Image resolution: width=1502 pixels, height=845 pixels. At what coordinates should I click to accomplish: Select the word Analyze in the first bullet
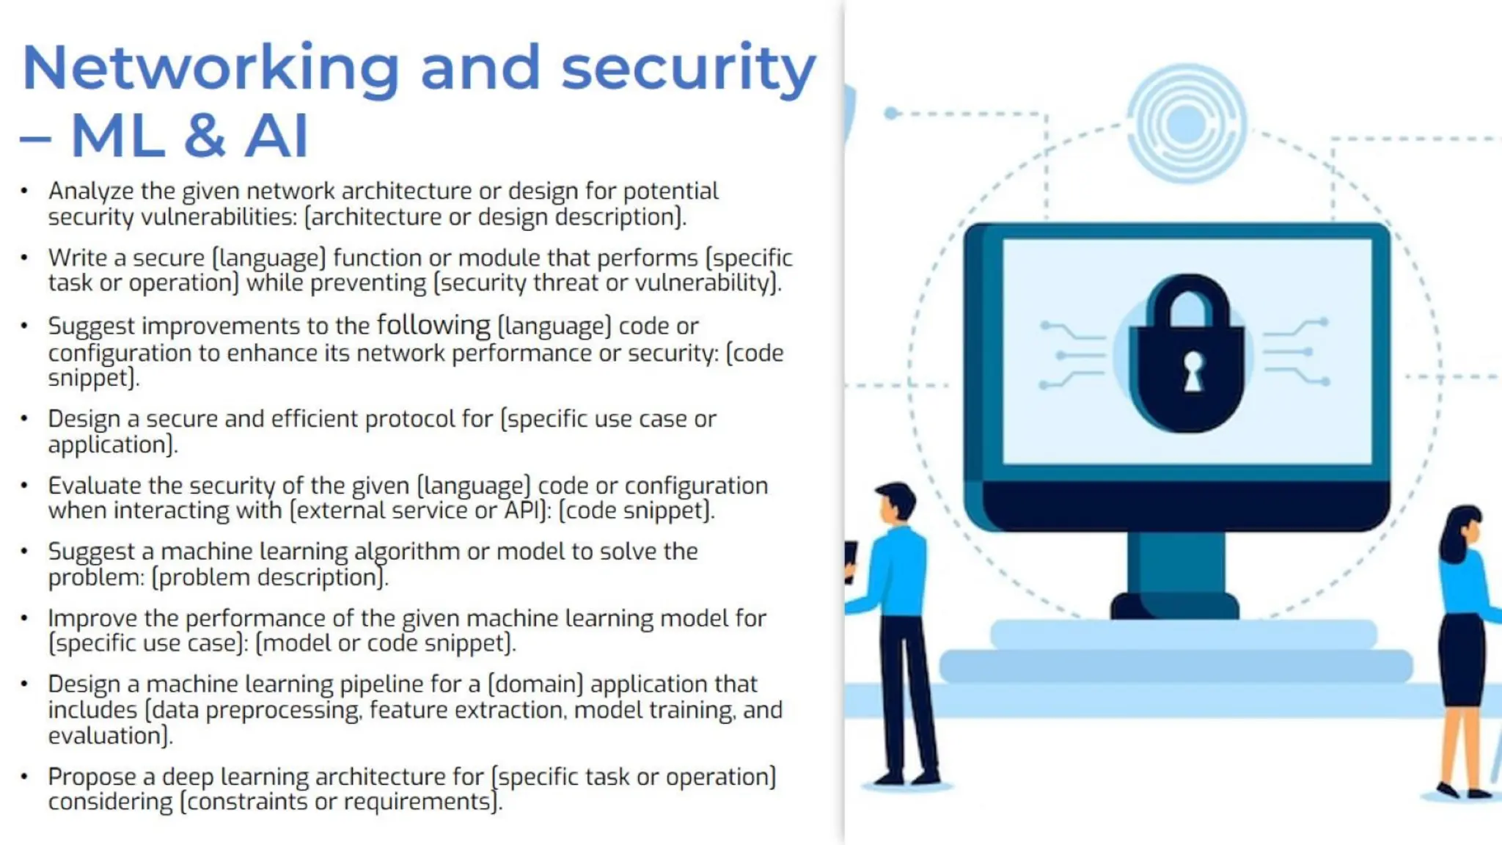[91, 191]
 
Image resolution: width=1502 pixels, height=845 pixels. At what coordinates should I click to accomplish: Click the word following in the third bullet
[433, 325]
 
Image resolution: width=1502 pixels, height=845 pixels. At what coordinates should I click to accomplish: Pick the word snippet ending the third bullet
[92, 378]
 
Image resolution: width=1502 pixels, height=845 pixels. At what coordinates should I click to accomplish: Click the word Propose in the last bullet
[101, 777]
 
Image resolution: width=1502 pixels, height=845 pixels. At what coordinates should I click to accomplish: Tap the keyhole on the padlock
[1193, 371]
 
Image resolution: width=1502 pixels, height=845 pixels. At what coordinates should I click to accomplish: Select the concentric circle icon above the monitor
[1186, 123]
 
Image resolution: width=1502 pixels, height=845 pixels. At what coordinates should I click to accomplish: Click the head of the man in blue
[895, 502]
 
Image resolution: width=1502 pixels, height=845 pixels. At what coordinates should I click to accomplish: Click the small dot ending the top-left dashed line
[891, 113]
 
